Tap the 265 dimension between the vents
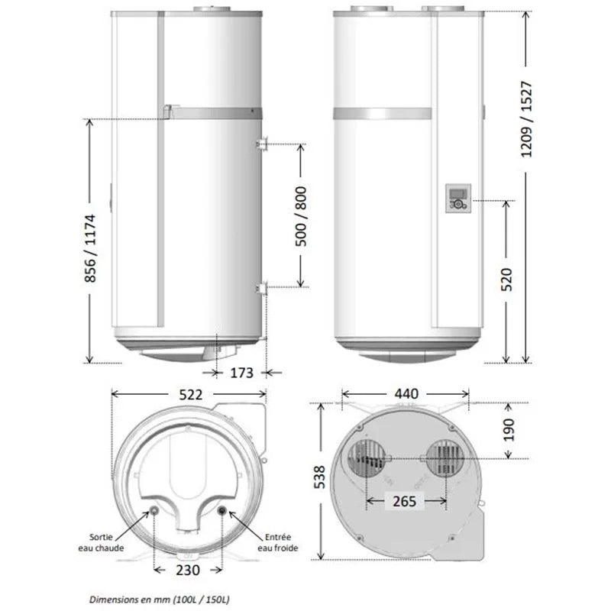(x=406, y=501)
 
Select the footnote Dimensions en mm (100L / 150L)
(x=161, y=600)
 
